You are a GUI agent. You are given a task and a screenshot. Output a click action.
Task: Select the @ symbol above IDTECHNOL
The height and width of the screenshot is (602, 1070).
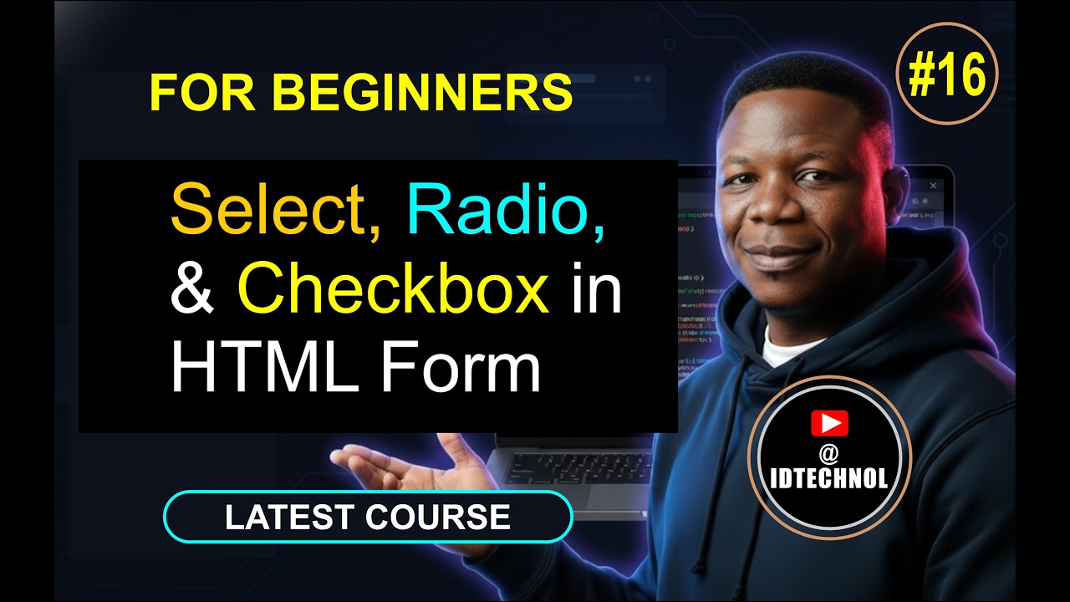pyautogui.click(x=829, y=452)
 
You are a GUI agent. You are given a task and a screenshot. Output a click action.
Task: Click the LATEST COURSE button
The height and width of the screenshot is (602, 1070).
pyautogui.click(x=368, y=517)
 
